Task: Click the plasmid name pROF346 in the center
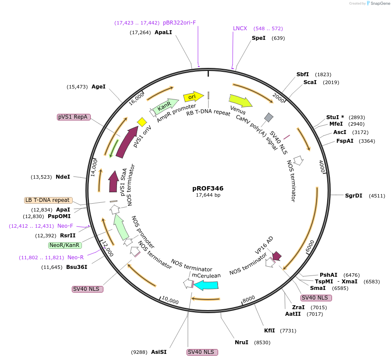pyautogui.click(x=208, y=188)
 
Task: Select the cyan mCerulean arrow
pyautogui.click(x=206, y=285)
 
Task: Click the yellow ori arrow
pyautogui.click(x=193, y=96)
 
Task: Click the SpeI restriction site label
pyautogui.click(x=258, y=38)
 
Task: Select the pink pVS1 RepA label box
pyautogui.click(x=74, y=117)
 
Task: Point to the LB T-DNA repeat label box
pyautogui.click(x=48, y=200)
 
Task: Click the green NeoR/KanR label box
pyautogui.click(x=64, y=245)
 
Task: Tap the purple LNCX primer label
pyautogui.click(x=240, y=28)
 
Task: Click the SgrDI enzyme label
pyautogui.click(x=353, y=196)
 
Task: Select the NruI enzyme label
pyautogui.click(x=241, y=342)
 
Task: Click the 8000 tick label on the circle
pyautogui.click(x=249, y=299)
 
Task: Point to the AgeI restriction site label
pyautogui.click(x=99, y=87)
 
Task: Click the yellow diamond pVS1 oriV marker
pyautogui.click(x=141, y=121)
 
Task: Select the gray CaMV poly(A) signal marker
pyautogui.click(x=269, y=117)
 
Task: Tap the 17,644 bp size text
pyautogui.click(x=208, y=195)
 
